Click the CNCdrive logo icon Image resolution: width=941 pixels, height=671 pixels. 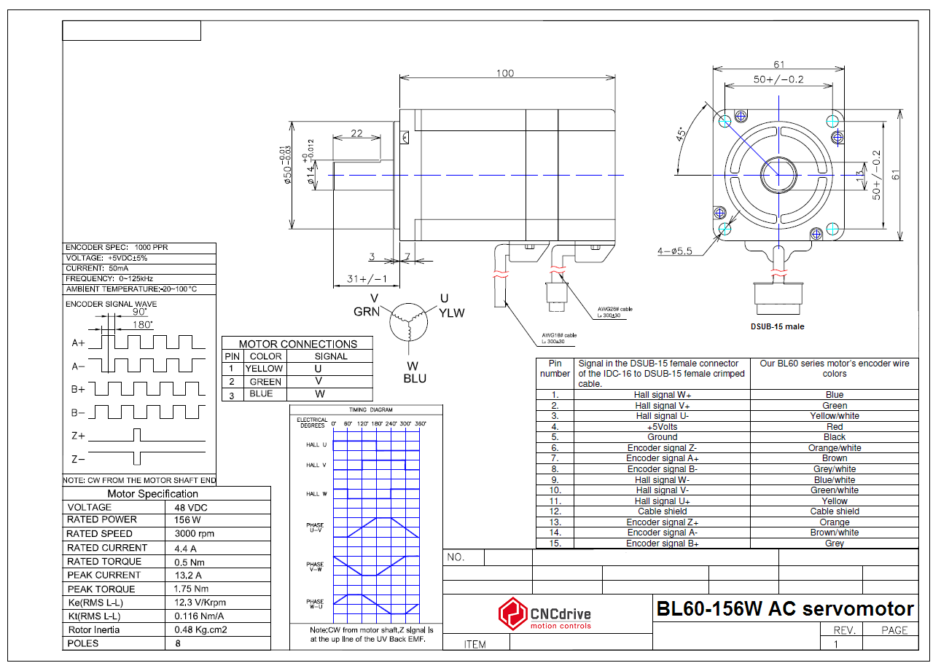(512, 614)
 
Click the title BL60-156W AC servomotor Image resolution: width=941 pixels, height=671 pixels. (784, 609)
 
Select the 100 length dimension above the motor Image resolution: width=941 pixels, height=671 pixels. (504, 73)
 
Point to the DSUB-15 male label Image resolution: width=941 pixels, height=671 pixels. (776, 326)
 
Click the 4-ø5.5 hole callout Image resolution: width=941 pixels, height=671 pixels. (674, 251)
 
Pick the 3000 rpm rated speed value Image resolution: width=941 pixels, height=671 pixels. (195, 533)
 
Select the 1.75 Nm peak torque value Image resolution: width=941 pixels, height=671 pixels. (191, 589)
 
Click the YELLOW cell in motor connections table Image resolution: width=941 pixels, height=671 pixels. (264, 369)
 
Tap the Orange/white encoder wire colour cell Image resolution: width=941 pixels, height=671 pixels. (834, 448)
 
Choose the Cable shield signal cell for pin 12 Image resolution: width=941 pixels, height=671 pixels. (662, 511)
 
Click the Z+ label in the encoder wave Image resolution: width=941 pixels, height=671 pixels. (79, 436)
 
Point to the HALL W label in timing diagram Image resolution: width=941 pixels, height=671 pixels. (316, 494)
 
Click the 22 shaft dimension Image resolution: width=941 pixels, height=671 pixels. (356, 133)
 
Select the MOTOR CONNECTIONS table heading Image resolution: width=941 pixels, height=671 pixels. (297, 344)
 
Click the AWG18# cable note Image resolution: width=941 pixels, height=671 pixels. (559, 338)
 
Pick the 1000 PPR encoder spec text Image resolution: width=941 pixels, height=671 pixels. (152, 248)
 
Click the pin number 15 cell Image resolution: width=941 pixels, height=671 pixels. (555, 544)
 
